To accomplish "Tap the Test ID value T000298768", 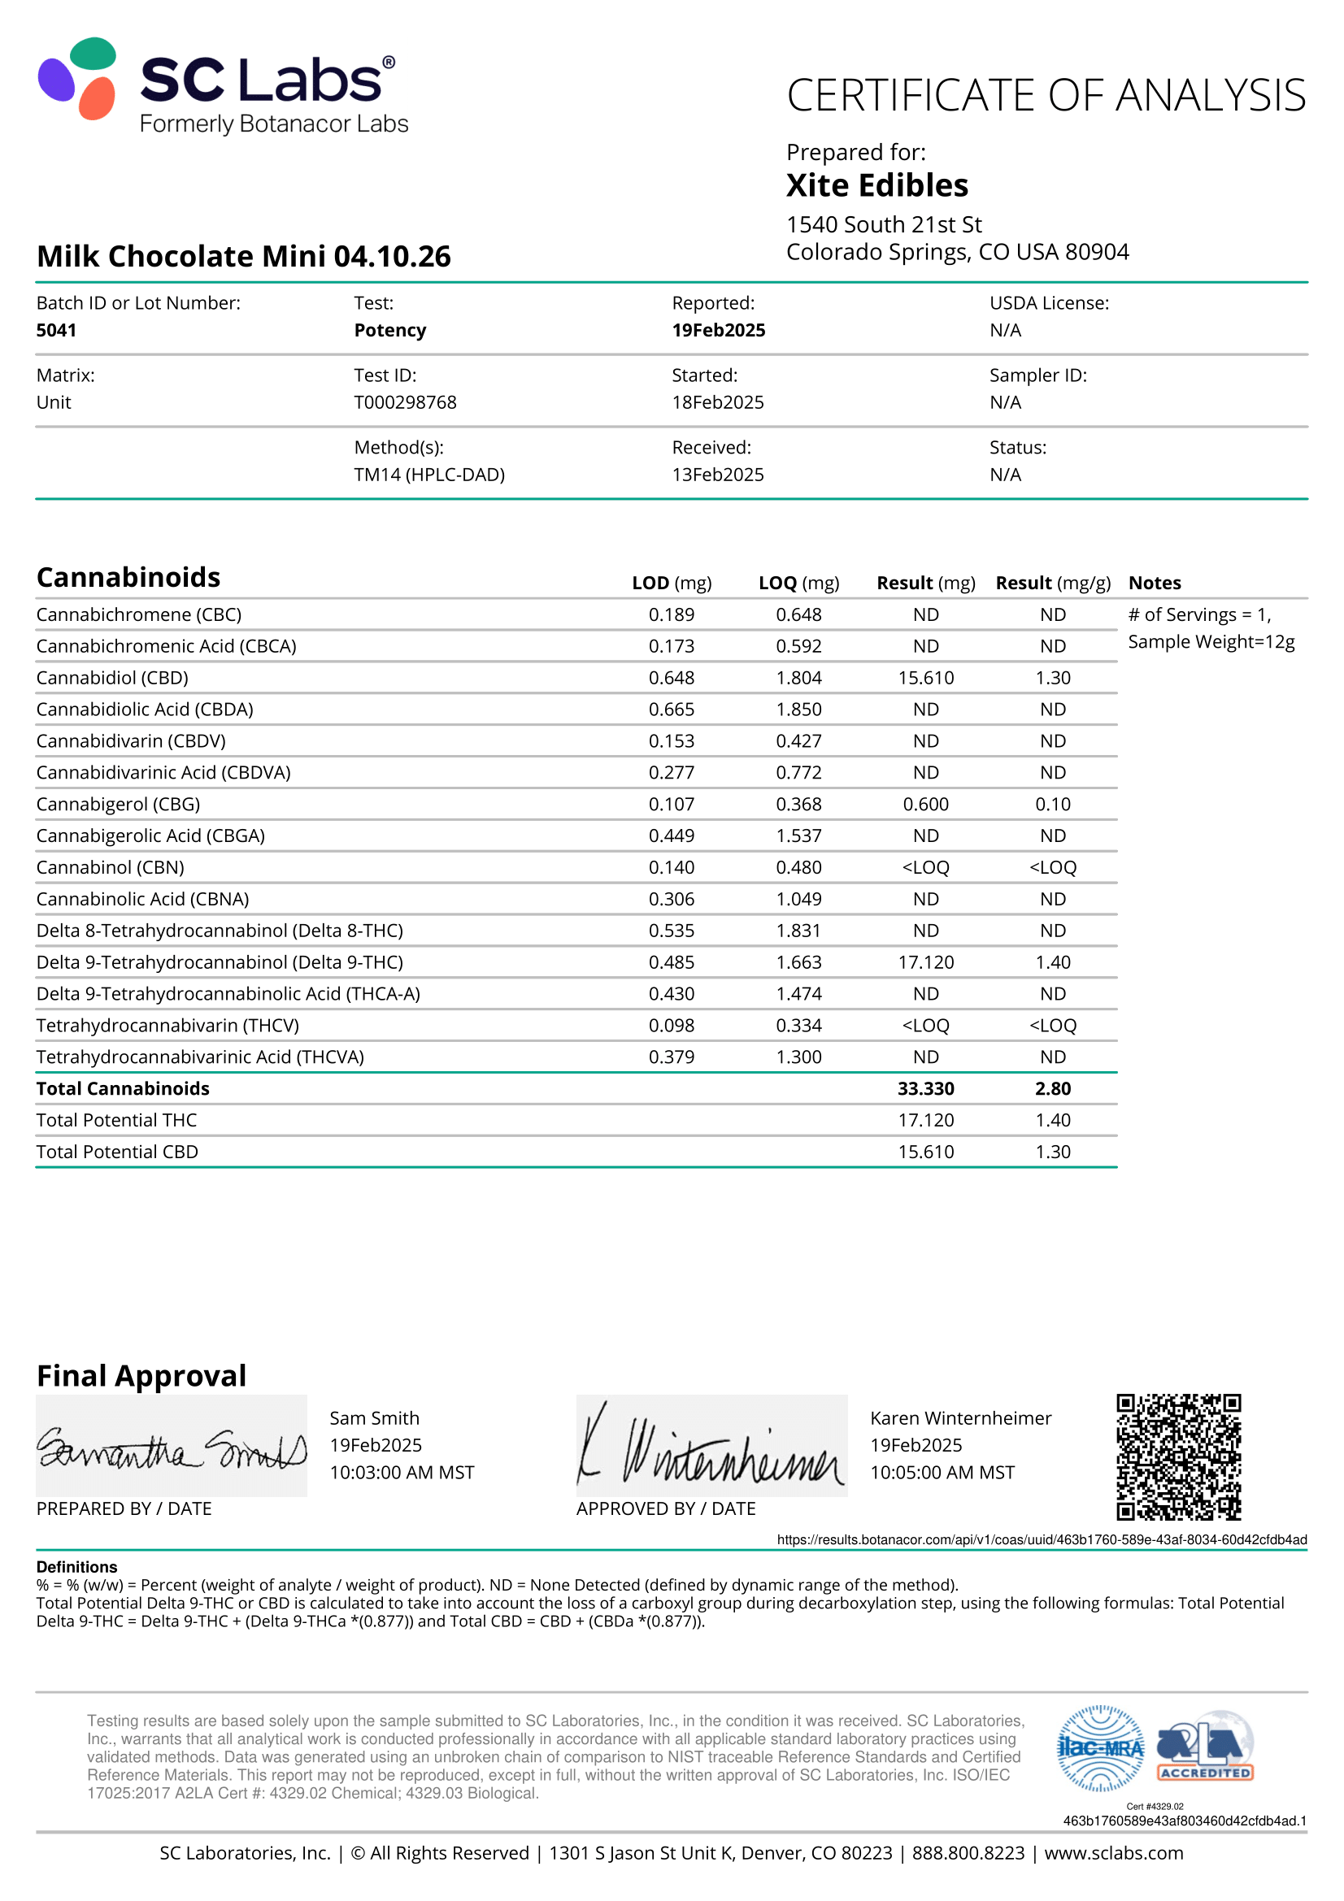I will click(405, 402).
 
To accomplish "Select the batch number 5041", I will click(56, 330).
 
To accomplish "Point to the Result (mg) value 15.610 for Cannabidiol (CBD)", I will click(925, 678).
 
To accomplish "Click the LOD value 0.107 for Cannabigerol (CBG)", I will click(671, 804).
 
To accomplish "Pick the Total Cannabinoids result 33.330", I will click(925, 1089).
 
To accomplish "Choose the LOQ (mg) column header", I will click(798, 583).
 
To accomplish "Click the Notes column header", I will click(1155, 583).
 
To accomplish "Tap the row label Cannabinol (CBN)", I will click(110, 868).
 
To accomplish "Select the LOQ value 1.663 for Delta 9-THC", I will click(798, 962).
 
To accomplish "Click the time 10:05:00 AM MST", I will click(942, 1472).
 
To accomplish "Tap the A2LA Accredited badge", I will click(1205, 1748).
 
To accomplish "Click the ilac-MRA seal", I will click(1101, 1748).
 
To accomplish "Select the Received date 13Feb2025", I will click(717, 475).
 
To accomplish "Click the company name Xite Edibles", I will click(876, 185).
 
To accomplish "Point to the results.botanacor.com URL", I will click(1041, 1539).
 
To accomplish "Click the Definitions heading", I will click(77, 1566).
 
